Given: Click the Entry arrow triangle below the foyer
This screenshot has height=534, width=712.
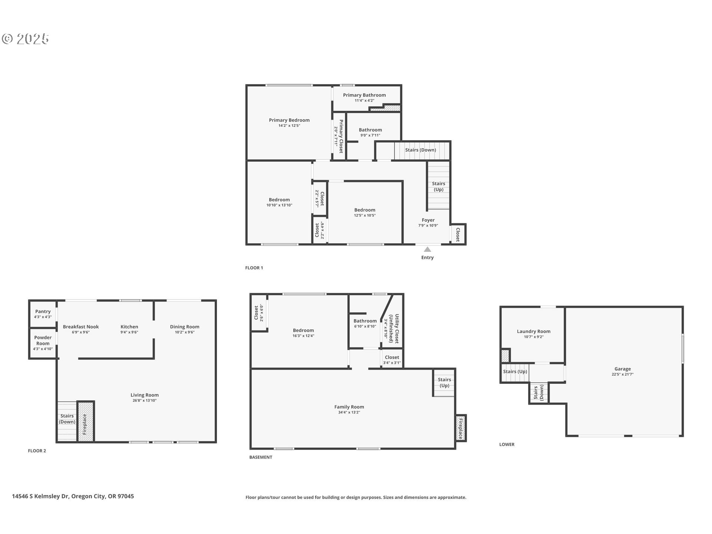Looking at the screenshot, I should [x=427, y=250].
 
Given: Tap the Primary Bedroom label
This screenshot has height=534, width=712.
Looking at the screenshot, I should [x=289, y=120].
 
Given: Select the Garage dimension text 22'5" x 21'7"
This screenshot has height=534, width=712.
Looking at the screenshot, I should [x=622, y=375].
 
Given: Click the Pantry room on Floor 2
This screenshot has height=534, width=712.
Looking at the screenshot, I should [x=43, y=314].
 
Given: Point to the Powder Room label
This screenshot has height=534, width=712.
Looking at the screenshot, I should [x=43, y=340].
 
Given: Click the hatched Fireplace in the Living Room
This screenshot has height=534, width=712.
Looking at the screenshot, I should [x=85, y=422].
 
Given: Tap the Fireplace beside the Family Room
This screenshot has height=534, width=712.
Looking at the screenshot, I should [x=461, y=428].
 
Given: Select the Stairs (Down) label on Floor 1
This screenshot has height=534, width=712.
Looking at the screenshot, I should [x=420, y=150].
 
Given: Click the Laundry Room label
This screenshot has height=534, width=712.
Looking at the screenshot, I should [x=533, y=332].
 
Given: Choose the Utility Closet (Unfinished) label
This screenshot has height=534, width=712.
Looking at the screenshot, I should [x=394, y=329].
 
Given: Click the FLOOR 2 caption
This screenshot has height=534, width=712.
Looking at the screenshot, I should [x=37, y=451].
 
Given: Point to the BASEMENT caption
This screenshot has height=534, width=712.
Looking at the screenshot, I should [x=261, y=457].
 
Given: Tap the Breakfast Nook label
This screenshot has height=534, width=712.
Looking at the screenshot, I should [x=81, y=327].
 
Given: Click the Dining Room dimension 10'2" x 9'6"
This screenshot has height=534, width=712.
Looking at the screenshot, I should [x=184, y=332].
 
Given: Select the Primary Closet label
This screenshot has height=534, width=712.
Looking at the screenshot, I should [x=340, y=136].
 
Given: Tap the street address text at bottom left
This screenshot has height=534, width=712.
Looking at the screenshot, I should [x=73, y=496].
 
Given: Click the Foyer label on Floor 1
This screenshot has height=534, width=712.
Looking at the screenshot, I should [x=428, y=220].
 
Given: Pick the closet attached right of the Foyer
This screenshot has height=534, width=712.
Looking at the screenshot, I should [x=458, y=234].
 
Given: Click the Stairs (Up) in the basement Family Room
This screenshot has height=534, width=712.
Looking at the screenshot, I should [x=444, y=382].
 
